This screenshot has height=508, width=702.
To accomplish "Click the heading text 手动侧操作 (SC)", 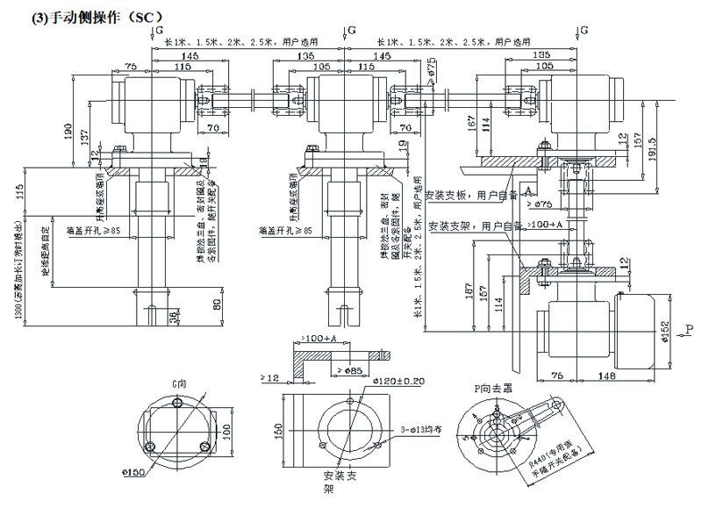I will point(83,16).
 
